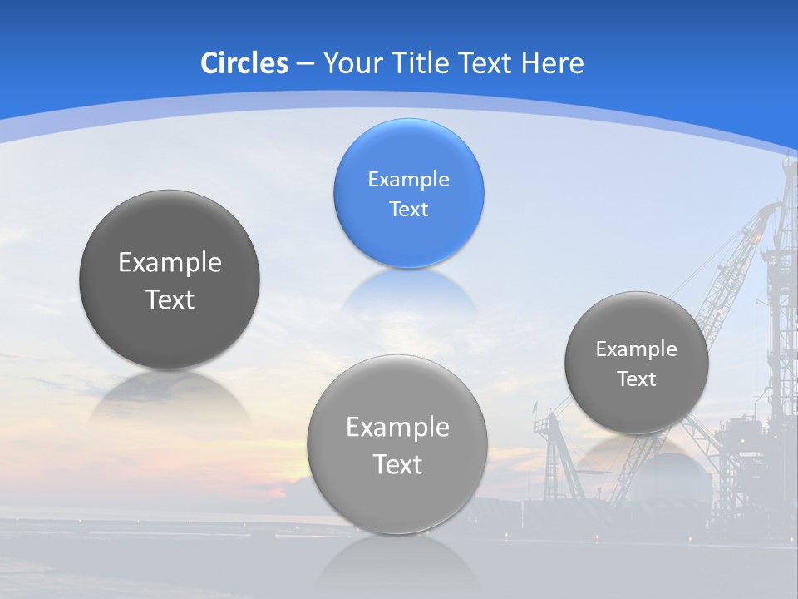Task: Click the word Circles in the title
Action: (x=244, y=63)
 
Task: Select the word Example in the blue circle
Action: (x=408, y=179)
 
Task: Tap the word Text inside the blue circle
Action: (x=408, y=209)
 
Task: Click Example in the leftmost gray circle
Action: (x=170, y=263)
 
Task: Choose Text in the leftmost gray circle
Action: (x=170, y=299)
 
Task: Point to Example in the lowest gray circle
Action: (x=397, y=428)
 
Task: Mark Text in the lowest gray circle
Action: (x=397, y=464)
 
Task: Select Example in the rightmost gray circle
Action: (x=636, y=349)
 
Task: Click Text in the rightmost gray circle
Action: (x=636, y=379)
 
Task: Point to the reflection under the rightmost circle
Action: (x=636, y=458)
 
